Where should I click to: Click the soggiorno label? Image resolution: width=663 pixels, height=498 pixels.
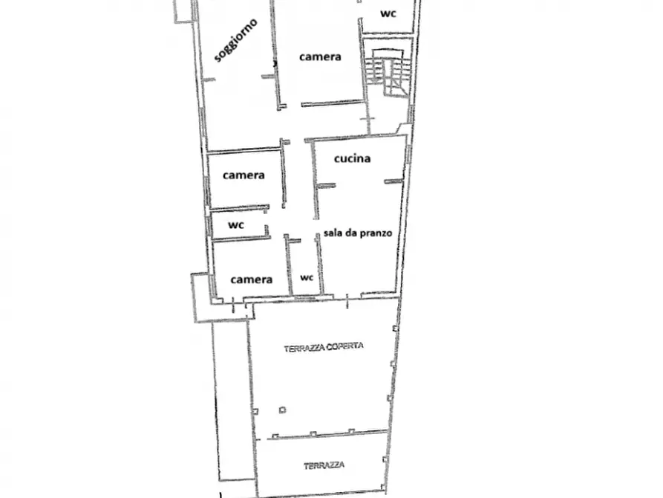236,40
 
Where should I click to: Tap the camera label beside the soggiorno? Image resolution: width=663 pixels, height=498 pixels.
320,56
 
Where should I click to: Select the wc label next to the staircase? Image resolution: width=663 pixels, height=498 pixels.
388,13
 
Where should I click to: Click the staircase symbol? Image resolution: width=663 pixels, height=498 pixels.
387,70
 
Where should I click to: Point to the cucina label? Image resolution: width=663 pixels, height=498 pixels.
352,158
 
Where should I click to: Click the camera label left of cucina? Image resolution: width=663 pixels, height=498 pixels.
244,175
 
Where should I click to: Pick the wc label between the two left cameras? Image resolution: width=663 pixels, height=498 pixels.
236,225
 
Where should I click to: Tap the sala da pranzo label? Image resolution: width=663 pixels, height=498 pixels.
358,233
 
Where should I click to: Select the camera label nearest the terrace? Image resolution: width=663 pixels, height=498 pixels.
251,279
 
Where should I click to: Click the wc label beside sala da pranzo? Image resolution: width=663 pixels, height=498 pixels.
307,277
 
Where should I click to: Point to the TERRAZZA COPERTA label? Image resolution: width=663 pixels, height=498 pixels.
324,347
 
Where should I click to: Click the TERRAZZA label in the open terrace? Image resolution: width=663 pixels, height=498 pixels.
324,465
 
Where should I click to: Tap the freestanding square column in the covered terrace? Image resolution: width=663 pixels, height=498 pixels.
282,410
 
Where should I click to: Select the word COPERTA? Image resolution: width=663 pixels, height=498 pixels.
345,346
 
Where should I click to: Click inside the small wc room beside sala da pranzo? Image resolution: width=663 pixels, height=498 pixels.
305,267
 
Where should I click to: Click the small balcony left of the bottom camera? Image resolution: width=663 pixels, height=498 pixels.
202,297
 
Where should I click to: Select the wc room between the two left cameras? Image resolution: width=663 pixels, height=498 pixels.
239,224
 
